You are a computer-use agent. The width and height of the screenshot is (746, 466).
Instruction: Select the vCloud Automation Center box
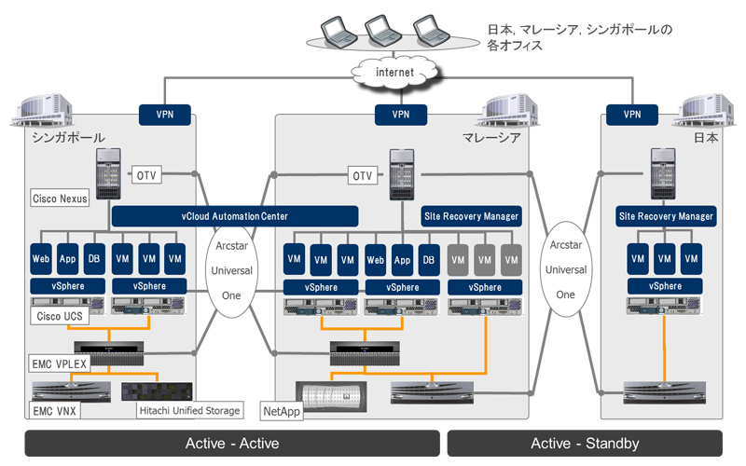coord(235,215)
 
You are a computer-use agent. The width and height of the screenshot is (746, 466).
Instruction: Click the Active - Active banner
coord(232,443)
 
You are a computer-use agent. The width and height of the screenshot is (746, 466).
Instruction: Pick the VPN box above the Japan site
coord(632,115)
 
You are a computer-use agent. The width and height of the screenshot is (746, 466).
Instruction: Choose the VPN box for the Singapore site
coord(166,115)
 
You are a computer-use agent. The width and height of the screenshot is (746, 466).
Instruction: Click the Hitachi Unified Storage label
coord(188,410)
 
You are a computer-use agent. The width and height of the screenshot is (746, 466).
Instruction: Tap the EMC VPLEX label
coord(59,363)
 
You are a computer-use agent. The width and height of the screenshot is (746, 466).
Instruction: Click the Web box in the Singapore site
coord(41,257)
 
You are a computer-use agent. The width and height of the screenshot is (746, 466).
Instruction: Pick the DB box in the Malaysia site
coord(428,257)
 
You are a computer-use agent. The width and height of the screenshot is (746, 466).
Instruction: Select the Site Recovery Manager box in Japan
coord(666,216)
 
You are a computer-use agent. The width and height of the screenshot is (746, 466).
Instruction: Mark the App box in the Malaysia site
coord(402,257)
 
